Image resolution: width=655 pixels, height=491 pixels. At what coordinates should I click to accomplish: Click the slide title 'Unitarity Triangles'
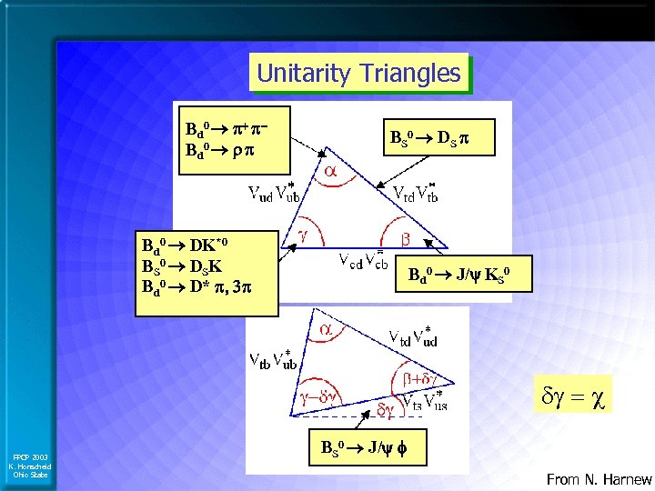358,73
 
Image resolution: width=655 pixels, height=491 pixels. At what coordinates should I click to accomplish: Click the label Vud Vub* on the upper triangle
277,192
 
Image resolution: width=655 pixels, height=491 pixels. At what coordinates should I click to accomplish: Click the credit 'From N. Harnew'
599,479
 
